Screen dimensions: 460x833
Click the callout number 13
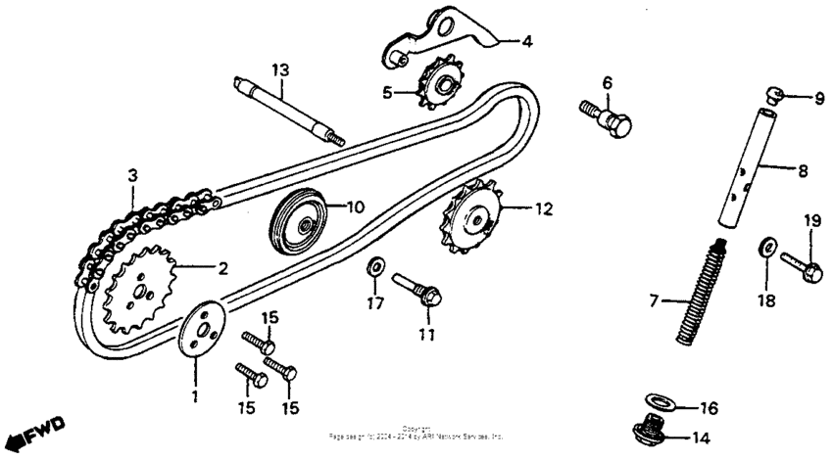pos(281,69)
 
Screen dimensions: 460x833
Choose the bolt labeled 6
pos(607,117)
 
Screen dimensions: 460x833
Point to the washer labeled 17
pos(375,267)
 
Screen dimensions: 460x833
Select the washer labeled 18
pos(767,246)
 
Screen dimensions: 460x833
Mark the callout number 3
pos(131,176)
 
